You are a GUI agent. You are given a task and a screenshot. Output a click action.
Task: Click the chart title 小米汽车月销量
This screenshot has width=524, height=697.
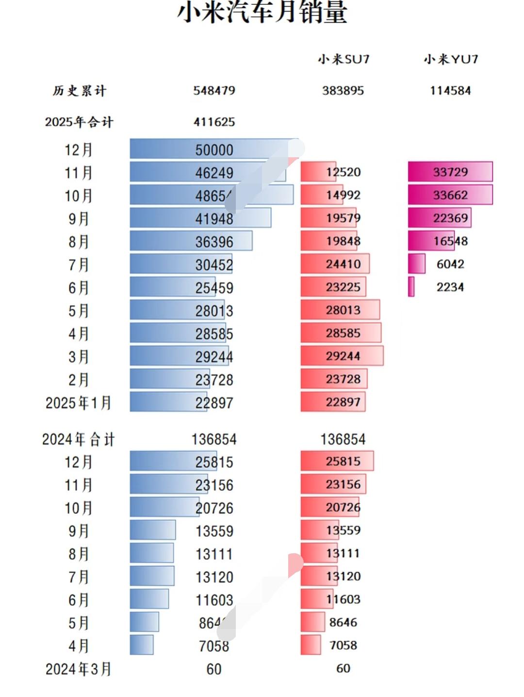click(x=262, y=13)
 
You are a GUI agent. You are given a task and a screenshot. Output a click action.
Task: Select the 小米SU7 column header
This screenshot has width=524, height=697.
click(x=344, y=59)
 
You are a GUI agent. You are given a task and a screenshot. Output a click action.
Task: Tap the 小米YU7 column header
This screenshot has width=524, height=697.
click(x=451, y=59)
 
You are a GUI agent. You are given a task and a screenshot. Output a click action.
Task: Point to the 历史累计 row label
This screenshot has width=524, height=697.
click(x=79, y=91)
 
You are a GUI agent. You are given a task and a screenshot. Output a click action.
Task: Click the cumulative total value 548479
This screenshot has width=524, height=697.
click(x=214, y=91)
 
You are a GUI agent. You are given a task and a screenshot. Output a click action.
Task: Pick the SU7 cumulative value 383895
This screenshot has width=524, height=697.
click(x=343, y=91)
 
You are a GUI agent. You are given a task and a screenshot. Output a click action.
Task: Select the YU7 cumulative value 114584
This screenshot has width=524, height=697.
click(x=450, y=91)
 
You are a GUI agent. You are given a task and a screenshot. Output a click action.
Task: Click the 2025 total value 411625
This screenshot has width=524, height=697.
click(x=214, y=122)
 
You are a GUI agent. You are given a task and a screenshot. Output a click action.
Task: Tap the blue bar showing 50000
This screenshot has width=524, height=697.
click(x=213, y=149)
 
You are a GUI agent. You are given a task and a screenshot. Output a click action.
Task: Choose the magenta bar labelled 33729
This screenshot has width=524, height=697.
click(x=450, y=172)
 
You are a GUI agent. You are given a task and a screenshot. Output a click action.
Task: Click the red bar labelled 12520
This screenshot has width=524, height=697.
click(x=318, y=172)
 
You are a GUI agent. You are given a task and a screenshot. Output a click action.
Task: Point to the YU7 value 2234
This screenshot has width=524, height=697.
click(x=450, y=287)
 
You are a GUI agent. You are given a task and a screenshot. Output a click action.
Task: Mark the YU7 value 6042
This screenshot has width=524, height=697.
click(x=450, y=264)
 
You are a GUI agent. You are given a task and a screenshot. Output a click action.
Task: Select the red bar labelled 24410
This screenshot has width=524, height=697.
click(x=335, y=264)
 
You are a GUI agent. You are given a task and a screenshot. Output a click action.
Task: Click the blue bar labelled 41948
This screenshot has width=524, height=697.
click(x=200, y=218)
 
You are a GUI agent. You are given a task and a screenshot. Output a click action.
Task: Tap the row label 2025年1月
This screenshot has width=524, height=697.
click(x=79, y=403)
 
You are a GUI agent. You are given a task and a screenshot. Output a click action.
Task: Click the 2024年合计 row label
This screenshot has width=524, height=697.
click(x=79, y=440)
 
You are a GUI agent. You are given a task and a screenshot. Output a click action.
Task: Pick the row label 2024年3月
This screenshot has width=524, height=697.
click(x=79, y=669)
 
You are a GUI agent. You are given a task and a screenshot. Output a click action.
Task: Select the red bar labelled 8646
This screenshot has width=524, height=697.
click(x=313, y=622)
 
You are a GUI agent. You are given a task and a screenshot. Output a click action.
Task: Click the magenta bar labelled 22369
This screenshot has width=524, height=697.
click(x=440, y=218)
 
